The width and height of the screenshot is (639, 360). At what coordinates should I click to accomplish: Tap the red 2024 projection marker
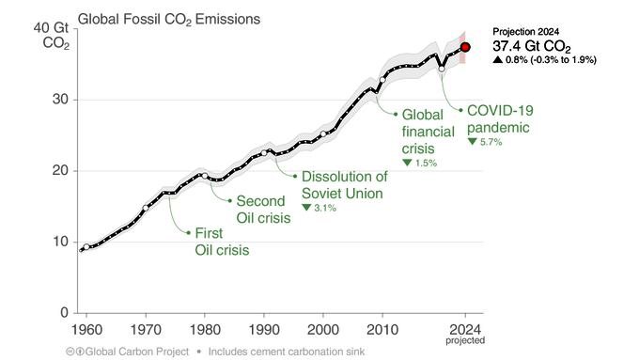tap(465, 47)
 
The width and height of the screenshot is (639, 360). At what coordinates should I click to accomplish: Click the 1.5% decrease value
tap(419, 163)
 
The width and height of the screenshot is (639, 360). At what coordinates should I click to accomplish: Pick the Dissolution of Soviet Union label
tap(344, 185)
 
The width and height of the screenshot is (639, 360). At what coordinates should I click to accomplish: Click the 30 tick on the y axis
tap(59, 99)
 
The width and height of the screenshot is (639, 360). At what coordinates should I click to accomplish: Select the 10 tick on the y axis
tap(59, 242)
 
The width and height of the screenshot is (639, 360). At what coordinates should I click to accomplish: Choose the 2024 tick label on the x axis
tap(465, 330)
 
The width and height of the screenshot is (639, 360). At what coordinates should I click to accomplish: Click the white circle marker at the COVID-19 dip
tap(442, 69)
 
